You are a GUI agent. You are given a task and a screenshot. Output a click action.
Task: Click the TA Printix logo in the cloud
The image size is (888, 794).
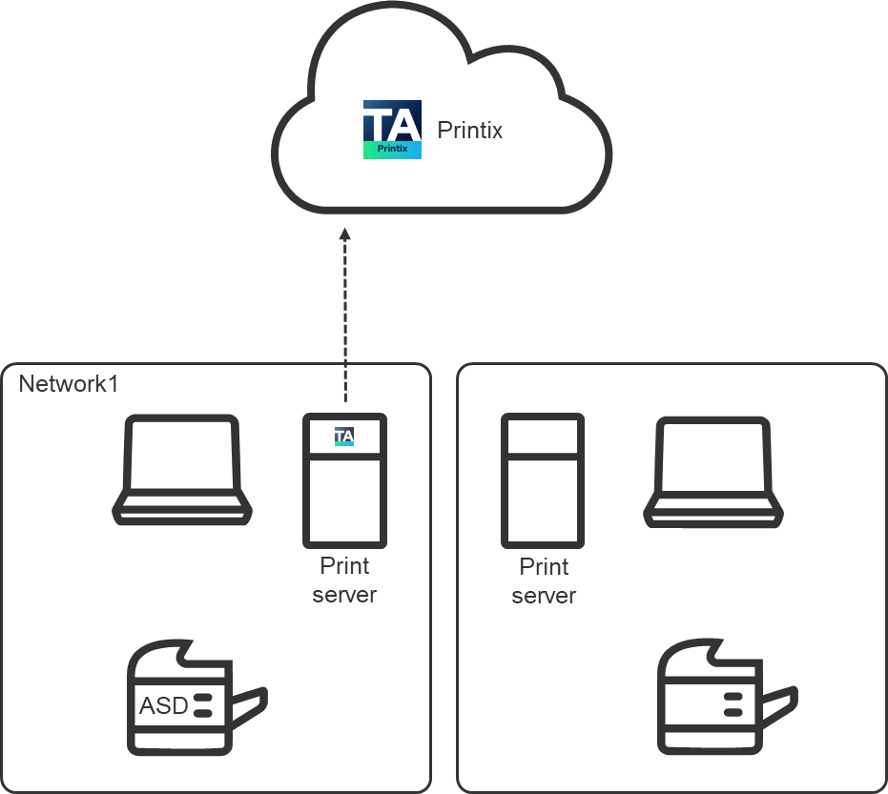coord(392,131)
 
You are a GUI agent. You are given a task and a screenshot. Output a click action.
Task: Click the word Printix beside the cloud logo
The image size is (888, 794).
coord(469,131)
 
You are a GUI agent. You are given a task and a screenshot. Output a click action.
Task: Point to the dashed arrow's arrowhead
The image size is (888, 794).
coord(345,234)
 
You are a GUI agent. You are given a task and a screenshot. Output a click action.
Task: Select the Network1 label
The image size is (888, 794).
coord(68,384)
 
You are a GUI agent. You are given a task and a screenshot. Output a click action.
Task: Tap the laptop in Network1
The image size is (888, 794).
coord(182,469)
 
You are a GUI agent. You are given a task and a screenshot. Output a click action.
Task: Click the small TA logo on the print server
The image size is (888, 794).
coord(344,437)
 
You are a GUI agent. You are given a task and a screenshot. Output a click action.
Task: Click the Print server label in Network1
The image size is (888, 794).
coord(344,580)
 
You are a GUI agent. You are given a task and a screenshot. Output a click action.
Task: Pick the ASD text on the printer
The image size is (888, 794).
coord(163,706)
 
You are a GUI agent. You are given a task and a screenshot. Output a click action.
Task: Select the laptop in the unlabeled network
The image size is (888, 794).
coord(712,471)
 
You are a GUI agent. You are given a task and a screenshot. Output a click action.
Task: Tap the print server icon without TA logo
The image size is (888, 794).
coord(543,480)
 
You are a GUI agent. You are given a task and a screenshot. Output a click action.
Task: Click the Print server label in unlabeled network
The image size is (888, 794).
coord(544,581)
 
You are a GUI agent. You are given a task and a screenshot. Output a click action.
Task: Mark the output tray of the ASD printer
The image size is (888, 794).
coord(250,704)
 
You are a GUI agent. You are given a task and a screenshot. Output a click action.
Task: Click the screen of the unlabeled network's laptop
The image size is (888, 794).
coord(712,456)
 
